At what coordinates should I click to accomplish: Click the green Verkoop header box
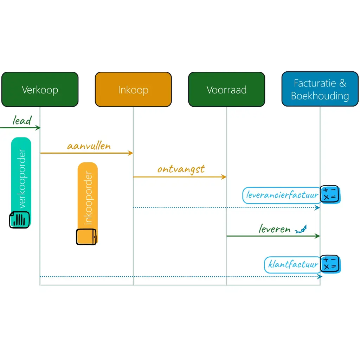tap(40, 89)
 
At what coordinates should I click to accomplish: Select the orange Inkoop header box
tap(133, 89)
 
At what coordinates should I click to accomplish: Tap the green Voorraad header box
tap(226, 89)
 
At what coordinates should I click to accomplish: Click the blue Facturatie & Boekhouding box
tap(320, 89)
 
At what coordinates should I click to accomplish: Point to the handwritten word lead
tap(22, 121)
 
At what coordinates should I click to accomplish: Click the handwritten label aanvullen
tap(89, 146)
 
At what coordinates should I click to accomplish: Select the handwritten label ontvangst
tap(181, 169)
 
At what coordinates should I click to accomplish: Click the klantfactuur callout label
tap(293, 264)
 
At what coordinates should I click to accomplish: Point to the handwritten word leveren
tap(275, 229)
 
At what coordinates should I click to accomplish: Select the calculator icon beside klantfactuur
tap(329, 264)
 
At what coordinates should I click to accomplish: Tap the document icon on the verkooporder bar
tap(19, 219)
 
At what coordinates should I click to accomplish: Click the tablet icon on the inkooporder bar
tap(86, 237)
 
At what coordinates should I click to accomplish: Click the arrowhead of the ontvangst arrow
tap(224, 177)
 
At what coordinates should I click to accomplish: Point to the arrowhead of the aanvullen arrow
tap(131, 153)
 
